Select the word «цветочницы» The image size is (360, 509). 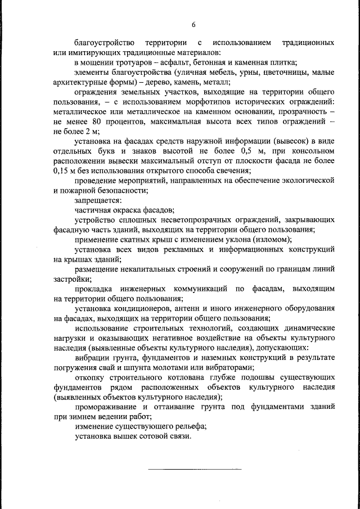click(283, 73)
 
